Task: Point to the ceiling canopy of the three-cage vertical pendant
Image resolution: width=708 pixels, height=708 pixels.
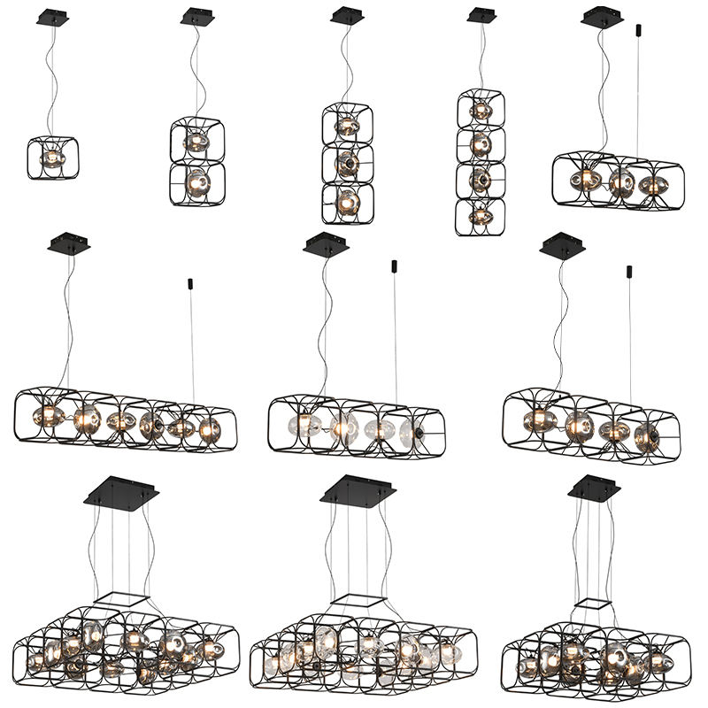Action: click(343, 15)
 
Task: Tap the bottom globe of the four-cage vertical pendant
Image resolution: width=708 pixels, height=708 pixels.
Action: click(481, 214)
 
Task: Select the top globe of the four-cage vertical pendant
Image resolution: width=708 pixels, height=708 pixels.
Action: click(481, 112)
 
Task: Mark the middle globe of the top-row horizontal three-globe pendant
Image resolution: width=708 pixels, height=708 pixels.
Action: click(619, 181)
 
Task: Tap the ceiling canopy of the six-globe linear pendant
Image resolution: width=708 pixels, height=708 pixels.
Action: click(69, 242)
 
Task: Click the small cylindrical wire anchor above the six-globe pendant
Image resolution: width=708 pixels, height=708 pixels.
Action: click(191, 284)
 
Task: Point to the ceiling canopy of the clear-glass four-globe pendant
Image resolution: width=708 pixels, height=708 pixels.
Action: click(322, 243)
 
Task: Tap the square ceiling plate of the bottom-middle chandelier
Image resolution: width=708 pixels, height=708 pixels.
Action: click(358, 489)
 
